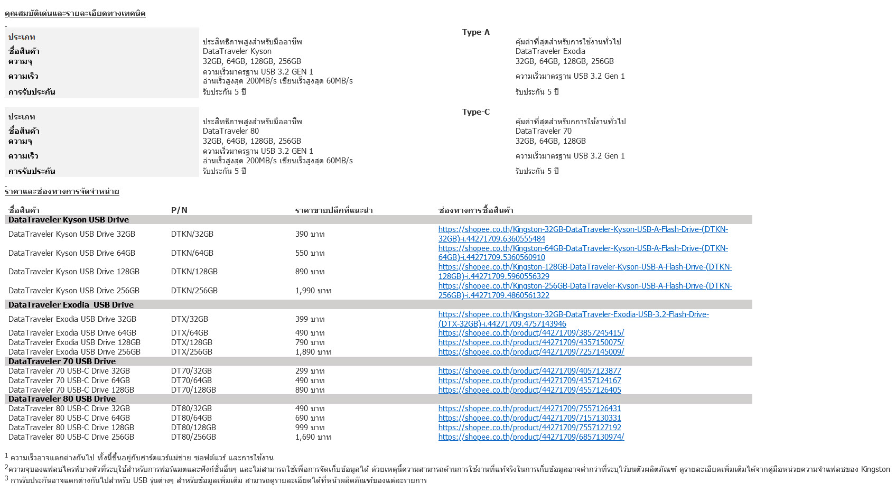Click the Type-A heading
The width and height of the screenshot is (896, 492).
pyautogui.click(x=475, y=32)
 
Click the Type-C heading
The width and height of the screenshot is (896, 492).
pyautogui.click(x=475, y=112)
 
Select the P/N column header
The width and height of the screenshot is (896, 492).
pyautogui.click(x=179, y=210)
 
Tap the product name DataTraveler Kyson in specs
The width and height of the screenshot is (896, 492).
pyautogui.click(x=237, y=51)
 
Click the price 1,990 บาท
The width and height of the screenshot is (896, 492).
pyautogui.click(x=313, y=291)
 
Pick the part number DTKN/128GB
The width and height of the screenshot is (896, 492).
pyautogui.click(x=194, y=272)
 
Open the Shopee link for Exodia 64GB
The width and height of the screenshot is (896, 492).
pyautogui.click(x=531, y=333)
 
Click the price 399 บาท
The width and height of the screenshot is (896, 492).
pyautogui.click(x=310, y=319)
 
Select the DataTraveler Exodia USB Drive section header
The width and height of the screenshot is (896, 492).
pyautogui.click(x=71, y=305)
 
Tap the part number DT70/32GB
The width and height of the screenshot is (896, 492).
pyautogui.click(x=191, y=371)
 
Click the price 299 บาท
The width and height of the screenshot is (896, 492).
pyautogui.click(x=310, y=371)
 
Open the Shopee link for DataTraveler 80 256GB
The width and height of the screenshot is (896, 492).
pyautogui.click(x=531, y=437)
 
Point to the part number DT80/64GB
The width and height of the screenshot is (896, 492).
pyautogui.click(x=191, y=418)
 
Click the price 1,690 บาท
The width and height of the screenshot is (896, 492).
pyautogui.click(x=313, y=437)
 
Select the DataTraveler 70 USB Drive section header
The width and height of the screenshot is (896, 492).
pyautogui.click(x=62, y=361)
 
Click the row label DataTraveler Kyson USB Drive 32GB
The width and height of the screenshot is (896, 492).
pyautogui.click(x=72, y=234)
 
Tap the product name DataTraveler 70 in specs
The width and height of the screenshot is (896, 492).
pyautogui.click(x=543, y=131)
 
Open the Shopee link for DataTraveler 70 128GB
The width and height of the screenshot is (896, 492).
pyautogui.click(x=529, y=390)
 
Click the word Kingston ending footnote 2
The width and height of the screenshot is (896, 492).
pyautogui.click(x=875, y=469)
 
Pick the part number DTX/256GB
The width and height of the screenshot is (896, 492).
pyautogui.click(x=191, y=352)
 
